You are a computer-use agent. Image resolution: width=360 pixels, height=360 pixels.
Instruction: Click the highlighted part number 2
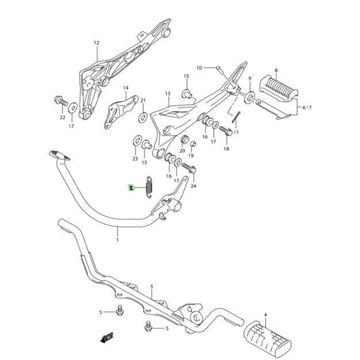131,187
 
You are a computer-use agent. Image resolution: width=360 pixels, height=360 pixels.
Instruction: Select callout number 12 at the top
97,43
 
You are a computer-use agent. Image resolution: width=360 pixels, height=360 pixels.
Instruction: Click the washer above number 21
143,118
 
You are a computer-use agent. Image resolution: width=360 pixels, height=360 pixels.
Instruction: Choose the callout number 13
167,93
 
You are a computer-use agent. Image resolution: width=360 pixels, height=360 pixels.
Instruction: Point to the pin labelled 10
219,68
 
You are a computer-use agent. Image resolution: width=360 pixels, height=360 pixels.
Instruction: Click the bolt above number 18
226,131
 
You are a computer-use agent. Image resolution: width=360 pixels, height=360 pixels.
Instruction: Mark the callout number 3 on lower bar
151,286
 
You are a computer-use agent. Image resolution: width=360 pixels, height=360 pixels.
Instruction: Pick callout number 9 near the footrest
250,78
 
